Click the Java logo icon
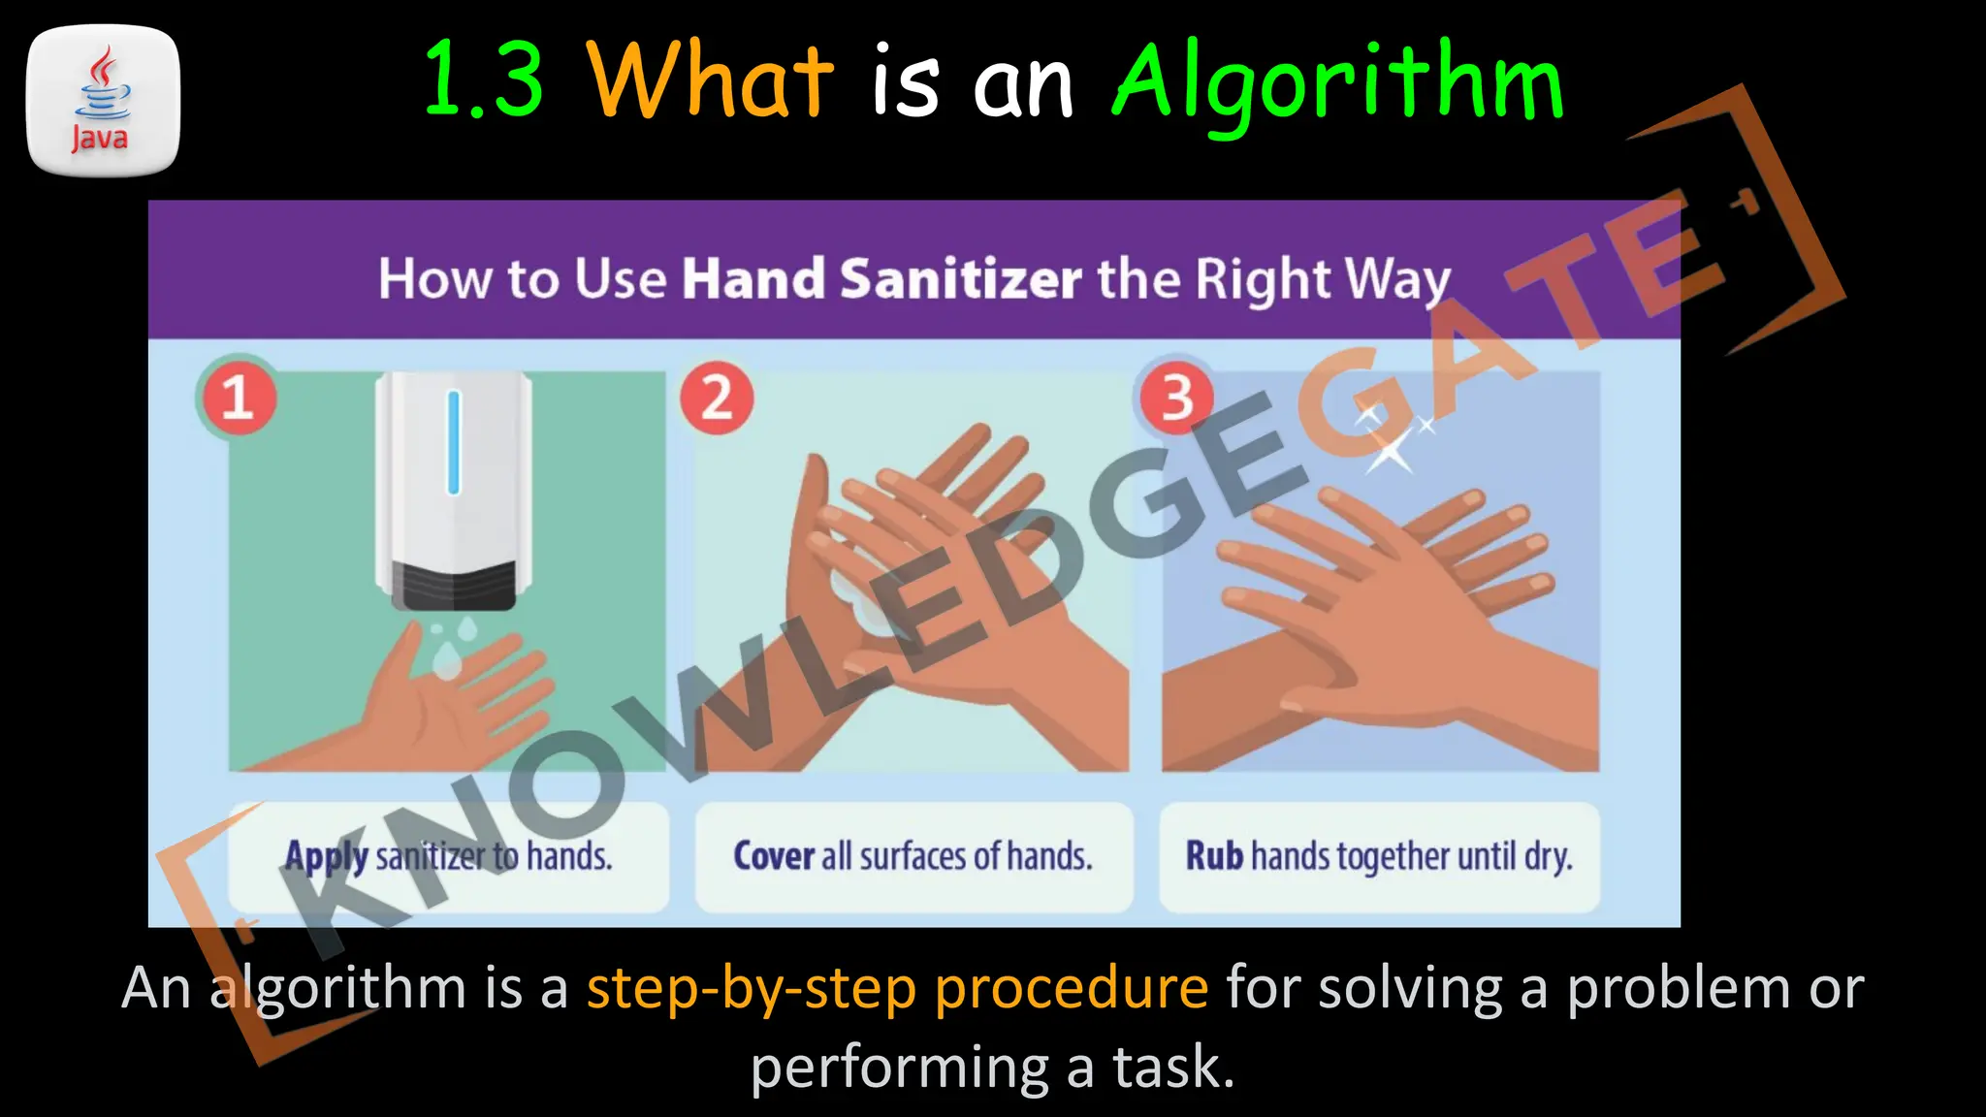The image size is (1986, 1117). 103,101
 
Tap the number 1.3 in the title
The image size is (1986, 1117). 484,80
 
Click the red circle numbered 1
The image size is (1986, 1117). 238,398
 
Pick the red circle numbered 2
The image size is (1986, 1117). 717,398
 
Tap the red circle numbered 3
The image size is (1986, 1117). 1176,398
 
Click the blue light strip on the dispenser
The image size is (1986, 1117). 453,442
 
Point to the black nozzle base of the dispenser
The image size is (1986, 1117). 453,586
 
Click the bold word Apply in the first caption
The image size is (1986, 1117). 326,857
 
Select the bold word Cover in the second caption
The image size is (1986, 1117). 774,856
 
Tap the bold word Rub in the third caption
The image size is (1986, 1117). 1214,856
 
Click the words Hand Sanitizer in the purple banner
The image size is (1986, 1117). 881,279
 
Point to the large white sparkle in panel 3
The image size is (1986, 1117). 1390,450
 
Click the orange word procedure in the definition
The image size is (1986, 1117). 1072,989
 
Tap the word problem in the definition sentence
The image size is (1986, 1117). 1679,989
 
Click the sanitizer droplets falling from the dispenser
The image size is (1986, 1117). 452,645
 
